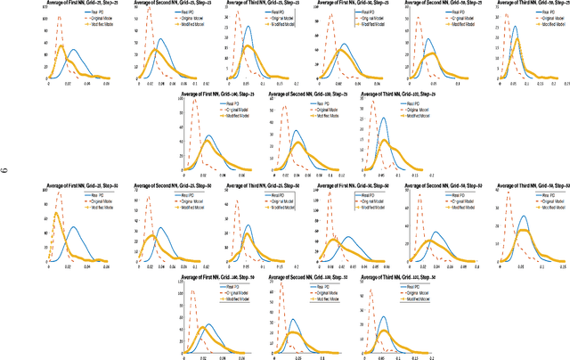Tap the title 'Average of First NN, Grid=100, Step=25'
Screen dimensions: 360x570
[214, 93]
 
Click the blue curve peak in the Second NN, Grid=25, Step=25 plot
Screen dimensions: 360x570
[160, 39]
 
